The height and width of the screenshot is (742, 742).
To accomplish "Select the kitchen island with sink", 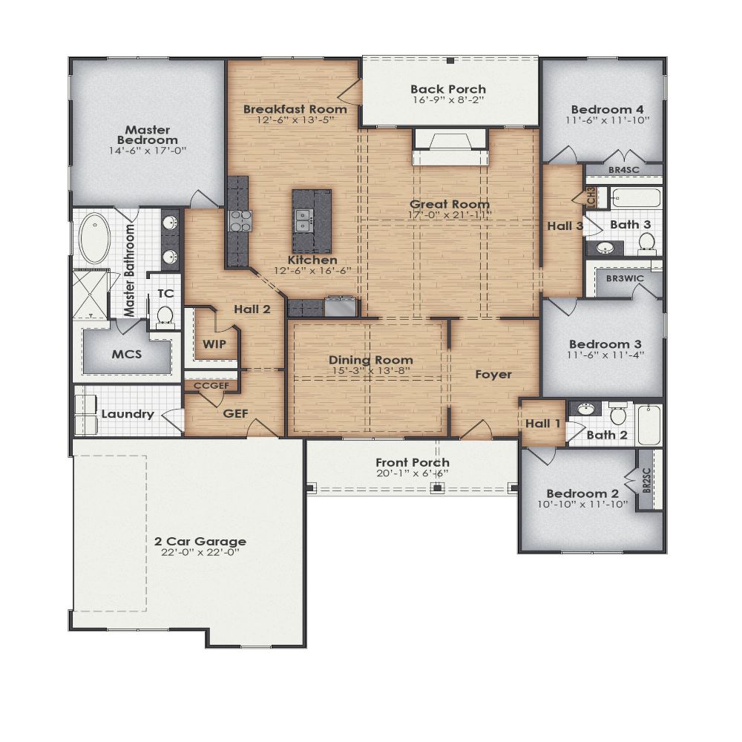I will pyautogui.click(x=311, y=220).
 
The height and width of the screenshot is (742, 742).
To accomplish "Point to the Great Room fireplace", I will pyautogui.click(x=449, y=144).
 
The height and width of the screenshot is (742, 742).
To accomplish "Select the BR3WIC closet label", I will pyautogui.click(x=624, y=278).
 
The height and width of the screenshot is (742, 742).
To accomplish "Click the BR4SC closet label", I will pyautogui.click(x=623, y=170).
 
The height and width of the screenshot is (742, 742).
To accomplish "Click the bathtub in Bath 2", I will pyautogui.click(x=649, y=424).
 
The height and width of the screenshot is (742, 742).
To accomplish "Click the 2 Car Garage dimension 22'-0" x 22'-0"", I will pyautogui.click(x=200, y=554).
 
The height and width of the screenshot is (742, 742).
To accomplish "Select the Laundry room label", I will pyautogui.click(x=128, y=414).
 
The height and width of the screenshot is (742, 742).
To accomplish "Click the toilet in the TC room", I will pyautogui.click(x=165, y=316).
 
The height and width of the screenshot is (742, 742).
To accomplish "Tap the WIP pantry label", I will pyautogui.click(x=214, y=344).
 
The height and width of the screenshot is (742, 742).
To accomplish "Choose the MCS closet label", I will pyautogui.click(x=126, y=353).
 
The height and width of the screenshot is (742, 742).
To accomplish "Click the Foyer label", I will pyautogui.click(x=493, y=374).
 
